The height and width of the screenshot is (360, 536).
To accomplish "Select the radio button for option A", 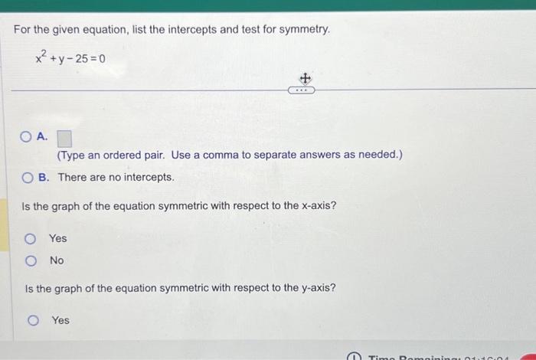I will point(26,138).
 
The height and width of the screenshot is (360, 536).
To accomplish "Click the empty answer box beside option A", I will point(64,139).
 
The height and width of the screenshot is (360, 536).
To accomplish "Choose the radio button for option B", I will point(28,178).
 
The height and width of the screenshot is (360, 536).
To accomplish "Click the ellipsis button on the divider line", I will point(302,90).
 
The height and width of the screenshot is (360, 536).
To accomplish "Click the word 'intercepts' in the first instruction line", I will point(181,30).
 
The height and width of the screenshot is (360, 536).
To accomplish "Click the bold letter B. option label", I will point(44,177).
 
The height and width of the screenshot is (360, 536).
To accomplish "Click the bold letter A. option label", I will point(43,137).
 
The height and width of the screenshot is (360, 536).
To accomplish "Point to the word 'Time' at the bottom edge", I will point(381,356).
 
